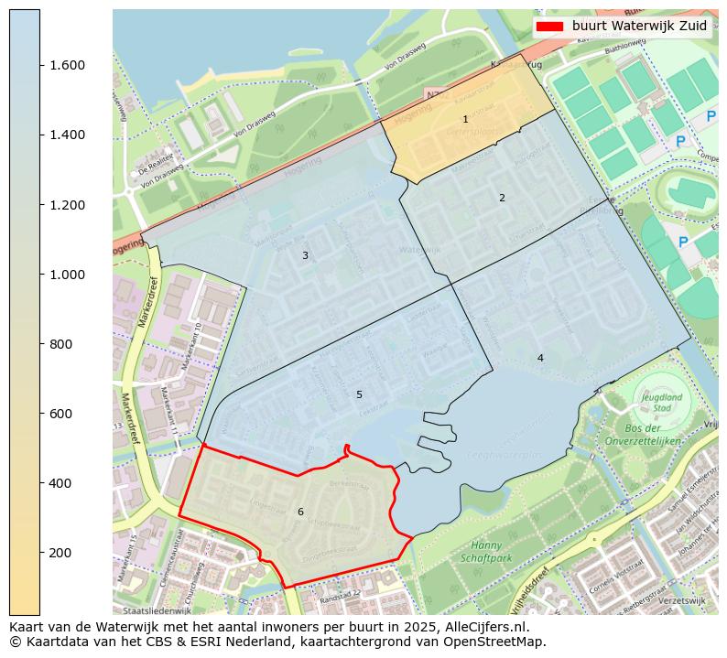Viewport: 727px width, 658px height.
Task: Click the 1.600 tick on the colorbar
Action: tap(40, 65)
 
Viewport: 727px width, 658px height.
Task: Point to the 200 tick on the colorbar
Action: tap(40, 553)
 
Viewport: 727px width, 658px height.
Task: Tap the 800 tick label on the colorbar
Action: tap(60, 344)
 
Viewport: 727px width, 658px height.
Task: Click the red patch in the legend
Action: tap(551, 26)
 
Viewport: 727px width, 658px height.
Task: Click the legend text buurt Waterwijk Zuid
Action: tap(639, 26)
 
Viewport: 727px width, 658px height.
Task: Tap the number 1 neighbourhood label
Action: tap(465, 120)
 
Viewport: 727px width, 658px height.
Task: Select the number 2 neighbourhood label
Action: tap(502, 198)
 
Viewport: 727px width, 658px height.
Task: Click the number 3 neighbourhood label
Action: tap(305, 256)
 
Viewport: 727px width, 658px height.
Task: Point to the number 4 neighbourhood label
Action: tap(540, 358)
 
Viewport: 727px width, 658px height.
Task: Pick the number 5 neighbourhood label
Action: tap(359, 395)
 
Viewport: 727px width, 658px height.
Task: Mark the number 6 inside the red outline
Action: tap(300, 512)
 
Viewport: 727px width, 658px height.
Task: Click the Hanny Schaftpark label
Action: tap(486, 551)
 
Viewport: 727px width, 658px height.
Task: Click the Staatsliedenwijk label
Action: tap(157, 609)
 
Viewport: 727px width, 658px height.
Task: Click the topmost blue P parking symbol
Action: tap(711, 117)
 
